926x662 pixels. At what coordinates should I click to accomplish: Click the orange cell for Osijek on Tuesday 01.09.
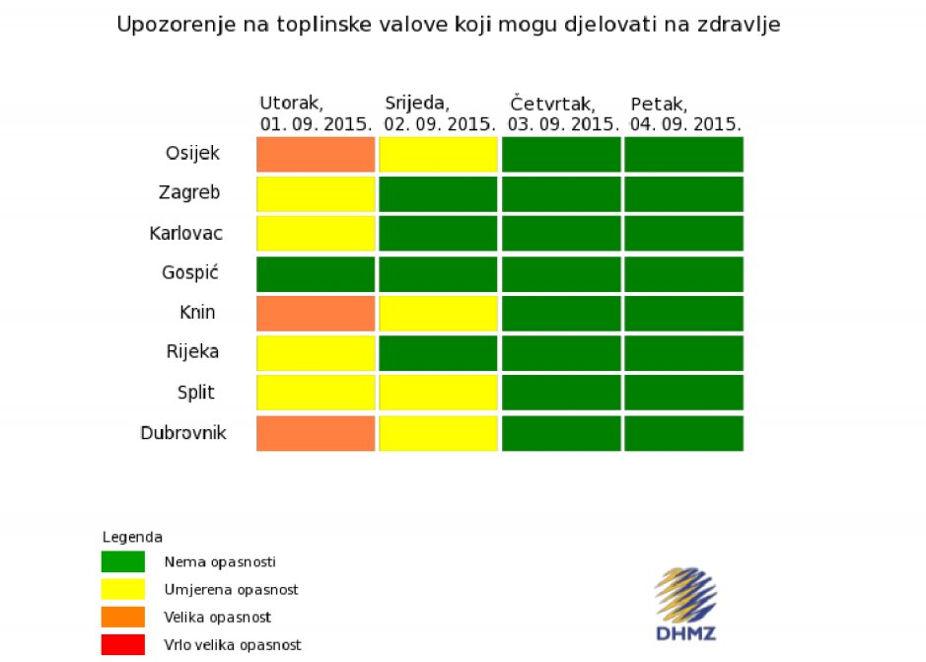(x=316, y=154)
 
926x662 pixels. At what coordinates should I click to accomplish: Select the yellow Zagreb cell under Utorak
(x=316, y=194)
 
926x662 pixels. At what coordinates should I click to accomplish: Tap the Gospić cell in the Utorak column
(x=316, y=274)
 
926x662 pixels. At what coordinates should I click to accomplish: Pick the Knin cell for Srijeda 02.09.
(x=438, y=314)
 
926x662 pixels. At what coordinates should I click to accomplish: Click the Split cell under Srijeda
(x=438, y=393)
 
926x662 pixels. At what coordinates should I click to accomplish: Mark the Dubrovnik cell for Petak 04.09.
(x=683, y=433)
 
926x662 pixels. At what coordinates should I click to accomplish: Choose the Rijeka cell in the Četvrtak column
(x=561, y=353)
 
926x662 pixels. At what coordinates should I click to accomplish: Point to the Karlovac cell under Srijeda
(x=438, y=234)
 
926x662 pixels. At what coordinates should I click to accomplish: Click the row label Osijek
(x=192, y=153)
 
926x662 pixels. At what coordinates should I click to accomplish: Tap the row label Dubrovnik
(x=183, y=433)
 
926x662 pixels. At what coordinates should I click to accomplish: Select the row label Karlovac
(x=186, y=234)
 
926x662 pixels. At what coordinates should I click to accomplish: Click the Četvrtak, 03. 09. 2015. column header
(x=563, y=114)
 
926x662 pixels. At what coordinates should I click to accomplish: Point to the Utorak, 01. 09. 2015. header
(x=316, y=114)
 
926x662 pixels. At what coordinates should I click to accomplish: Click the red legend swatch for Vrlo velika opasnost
(x=123, y=645)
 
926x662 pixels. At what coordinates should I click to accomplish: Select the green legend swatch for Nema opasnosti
(x=123, y=561)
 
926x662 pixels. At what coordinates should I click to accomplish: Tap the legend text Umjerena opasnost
(x=231, y=590)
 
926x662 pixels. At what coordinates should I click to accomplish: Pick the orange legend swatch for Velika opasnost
(x=123, y=617)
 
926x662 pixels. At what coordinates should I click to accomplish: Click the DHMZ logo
(x=685, y=604)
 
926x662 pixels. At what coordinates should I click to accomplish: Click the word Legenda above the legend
(x=132, y=538)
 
